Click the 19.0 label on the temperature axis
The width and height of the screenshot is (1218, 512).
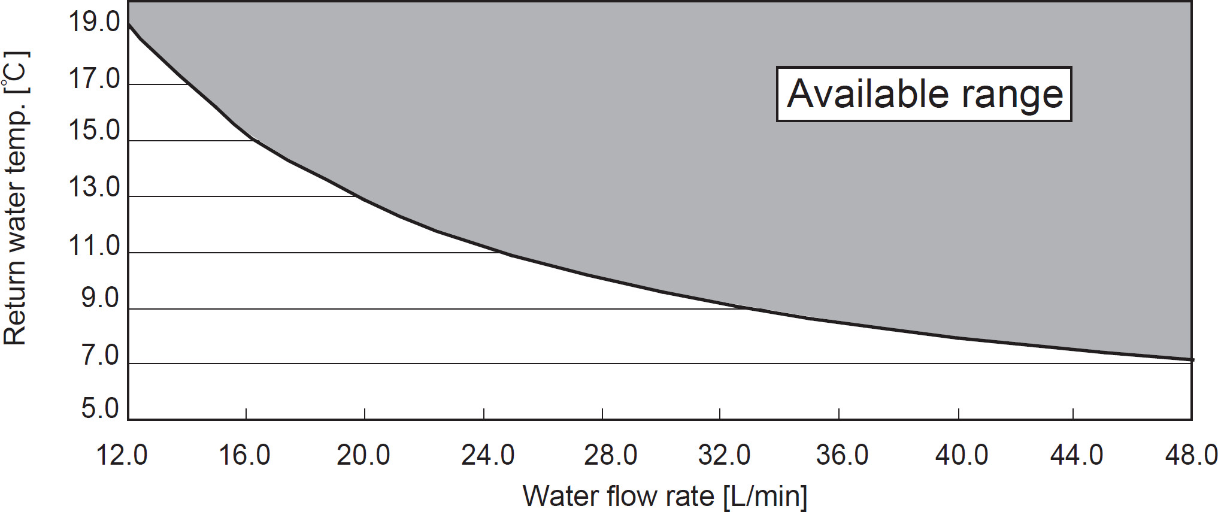(95, 23)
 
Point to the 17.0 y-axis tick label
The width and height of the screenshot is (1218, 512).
(95, 79)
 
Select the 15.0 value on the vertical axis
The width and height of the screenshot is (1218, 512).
(95, 131)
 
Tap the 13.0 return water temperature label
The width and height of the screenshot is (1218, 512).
(95, 187)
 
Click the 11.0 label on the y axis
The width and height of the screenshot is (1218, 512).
(95, 246)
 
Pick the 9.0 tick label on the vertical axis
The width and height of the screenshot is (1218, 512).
(100, 298)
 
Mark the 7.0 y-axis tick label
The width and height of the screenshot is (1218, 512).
(100, 356)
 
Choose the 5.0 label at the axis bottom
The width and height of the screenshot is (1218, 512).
(100, 409)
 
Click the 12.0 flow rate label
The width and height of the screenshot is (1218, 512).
(122, 456)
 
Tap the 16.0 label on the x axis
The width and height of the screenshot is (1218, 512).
(244, 456)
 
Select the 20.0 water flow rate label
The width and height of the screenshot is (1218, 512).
(363, 456)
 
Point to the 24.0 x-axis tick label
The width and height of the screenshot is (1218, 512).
(487, 456)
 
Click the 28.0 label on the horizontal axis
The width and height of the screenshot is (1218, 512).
(610, 456)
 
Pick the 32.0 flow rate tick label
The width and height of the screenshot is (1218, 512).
(724, 456)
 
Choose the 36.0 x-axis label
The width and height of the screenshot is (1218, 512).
(842, 456)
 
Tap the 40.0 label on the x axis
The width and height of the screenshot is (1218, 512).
(962, 456)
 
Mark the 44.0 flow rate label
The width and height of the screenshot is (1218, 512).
(1077, 456)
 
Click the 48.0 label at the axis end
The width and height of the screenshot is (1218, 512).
(1191, 456)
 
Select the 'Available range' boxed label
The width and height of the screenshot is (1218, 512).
(924, 94)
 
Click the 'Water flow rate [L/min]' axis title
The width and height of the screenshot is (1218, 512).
(665, 496)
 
